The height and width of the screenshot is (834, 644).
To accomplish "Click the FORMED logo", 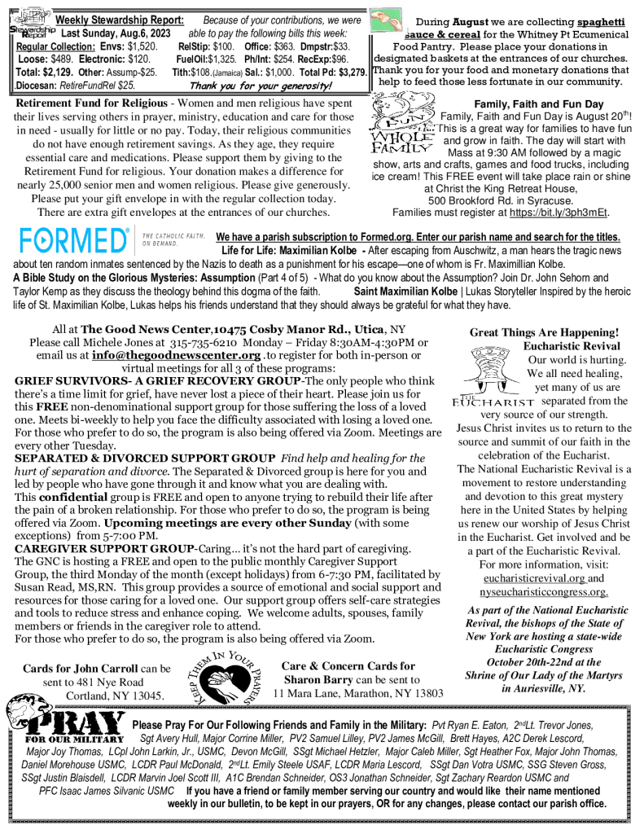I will click(73, 242).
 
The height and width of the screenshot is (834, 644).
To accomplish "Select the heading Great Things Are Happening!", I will click(544, 332).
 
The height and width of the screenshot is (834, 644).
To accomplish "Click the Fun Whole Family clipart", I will click(401, 132).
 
